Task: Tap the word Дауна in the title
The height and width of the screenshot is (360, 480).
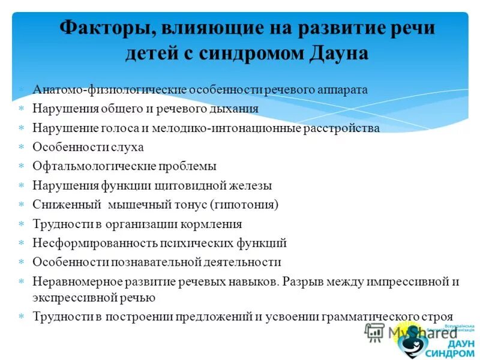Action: click(338, 54)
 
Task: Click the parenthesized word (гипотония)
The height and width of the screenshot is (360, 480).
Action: click(244, 205)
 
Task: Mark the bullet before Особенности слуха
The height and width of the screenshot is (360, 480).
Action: click(21, 147)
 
